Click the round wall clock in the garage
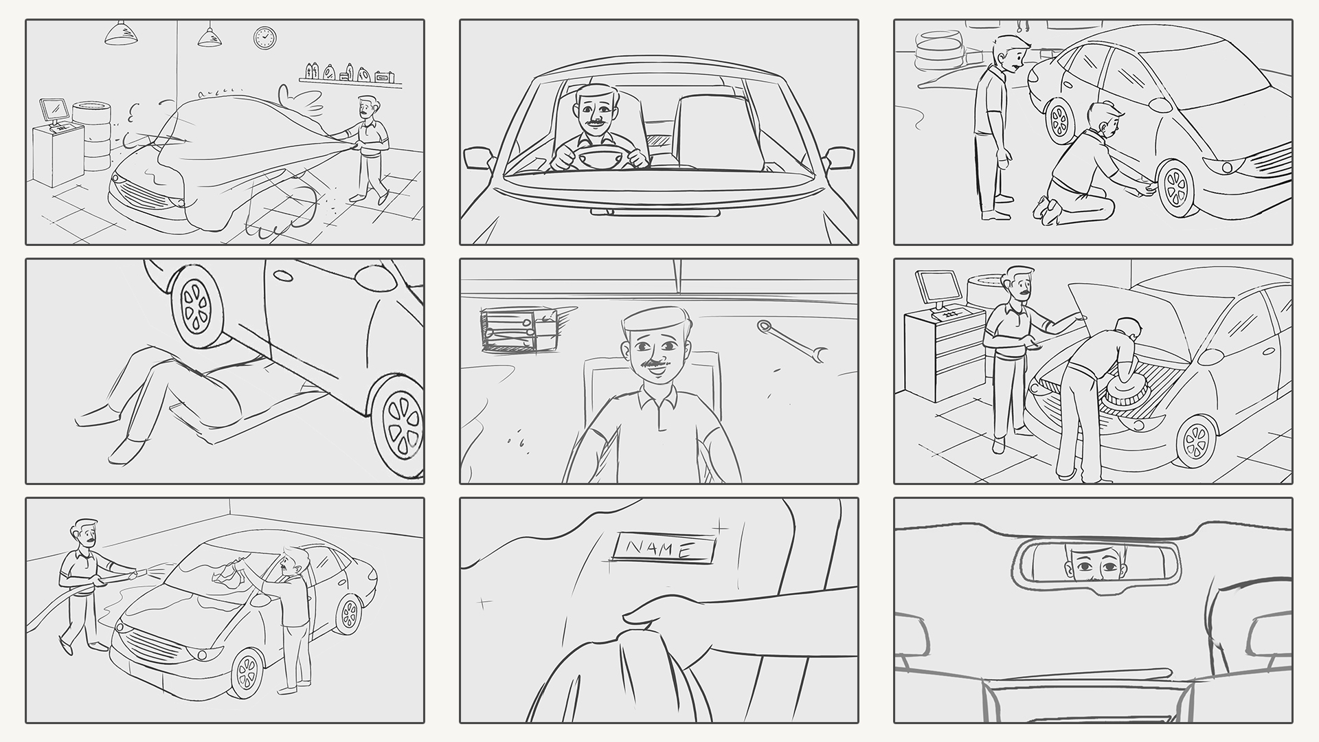264,37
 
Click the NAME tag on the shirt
664,548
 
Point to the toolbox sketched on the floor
519,330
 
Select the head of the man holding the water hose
86,533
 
